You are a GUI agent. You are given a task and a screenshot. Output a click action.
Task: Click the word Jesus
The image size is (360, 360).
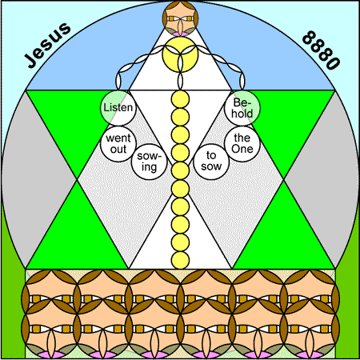coord(47,45)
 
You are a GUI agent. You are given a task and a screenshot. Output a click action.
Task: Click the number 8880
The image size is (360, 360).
coord(321,50)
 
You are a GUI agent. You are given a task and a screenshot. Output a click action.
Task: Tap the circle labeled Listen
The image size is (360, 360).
coord(118,108)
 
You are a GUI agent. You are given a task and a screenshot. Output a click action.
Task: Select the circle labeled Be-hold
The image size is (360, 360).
coord(242,108)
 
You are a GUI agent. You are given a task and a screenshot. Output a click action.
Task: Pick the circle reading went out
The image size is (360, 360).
coord(118,144)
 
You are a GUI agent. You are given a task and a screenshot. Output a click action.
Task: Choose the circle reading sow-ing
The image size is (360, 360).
coord(149,162)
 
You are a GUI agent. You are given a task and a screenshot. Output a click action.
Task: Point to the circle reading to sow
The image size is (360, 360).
coord(211,162)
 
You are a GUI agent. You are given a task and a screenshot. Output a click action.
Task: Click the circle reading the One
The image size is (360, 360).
coord(242,144)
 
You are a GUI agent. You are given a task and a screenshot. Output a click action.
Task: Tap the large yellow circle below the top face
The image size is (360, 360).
coord(180,54)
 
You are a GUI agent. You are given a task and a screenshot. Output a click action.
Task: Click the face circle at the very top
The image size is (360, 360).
coord(180,18)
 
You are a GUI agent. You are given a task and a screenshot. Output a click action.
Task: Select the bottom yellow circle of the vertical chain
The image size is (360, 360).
coord(180,260)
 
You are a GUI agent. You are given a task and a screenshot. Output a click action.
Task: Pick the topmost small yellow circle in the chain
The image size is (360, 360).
coord(180,99)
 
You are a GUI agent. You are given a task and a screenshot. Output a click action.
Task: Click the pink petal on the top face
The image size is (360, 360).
coord(180,34)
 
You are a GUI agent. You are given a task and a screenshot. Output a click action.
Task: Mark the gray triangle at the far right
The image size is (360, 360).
coord(327,179)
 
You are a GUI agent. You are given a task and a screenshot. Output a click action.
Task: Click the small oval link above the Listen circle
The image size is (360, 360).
coord(118,81)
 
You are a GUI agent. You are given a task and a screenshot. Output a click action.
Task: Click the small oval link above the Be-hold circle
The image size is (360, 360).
coord(242,81)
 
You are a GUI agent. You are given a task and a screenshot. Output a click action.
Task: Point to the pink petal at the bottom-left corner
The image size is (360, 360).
coord(51,355)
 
